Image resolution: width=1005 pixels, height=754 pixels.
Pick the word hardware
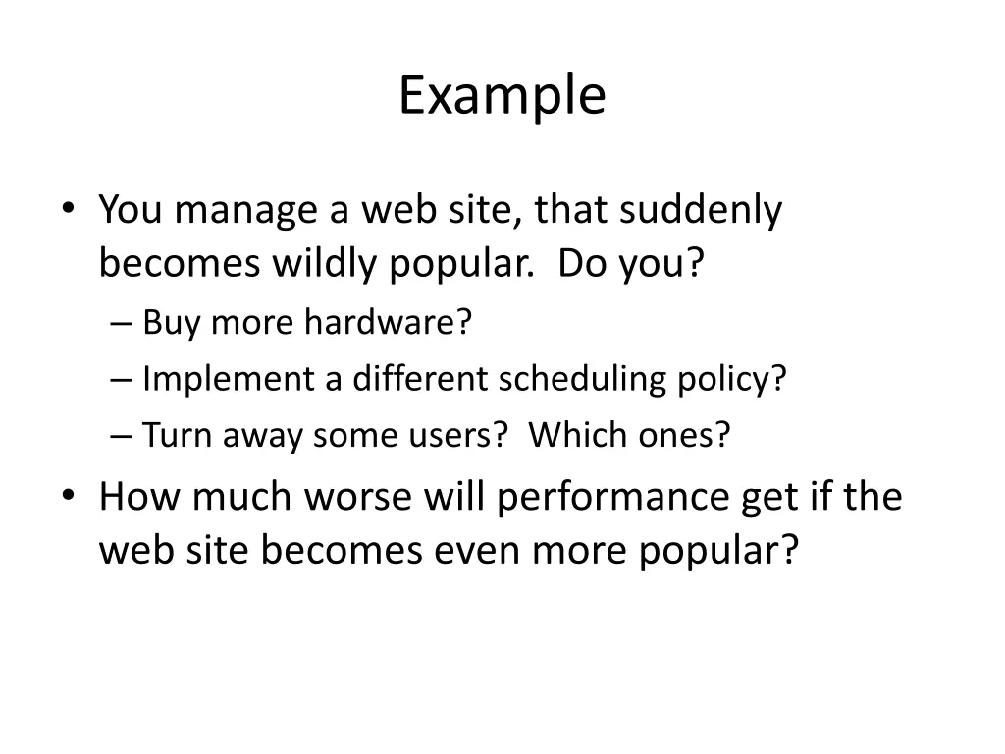(388, 321)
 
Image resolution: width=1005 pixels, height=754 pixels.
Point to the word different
(421, 378)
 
